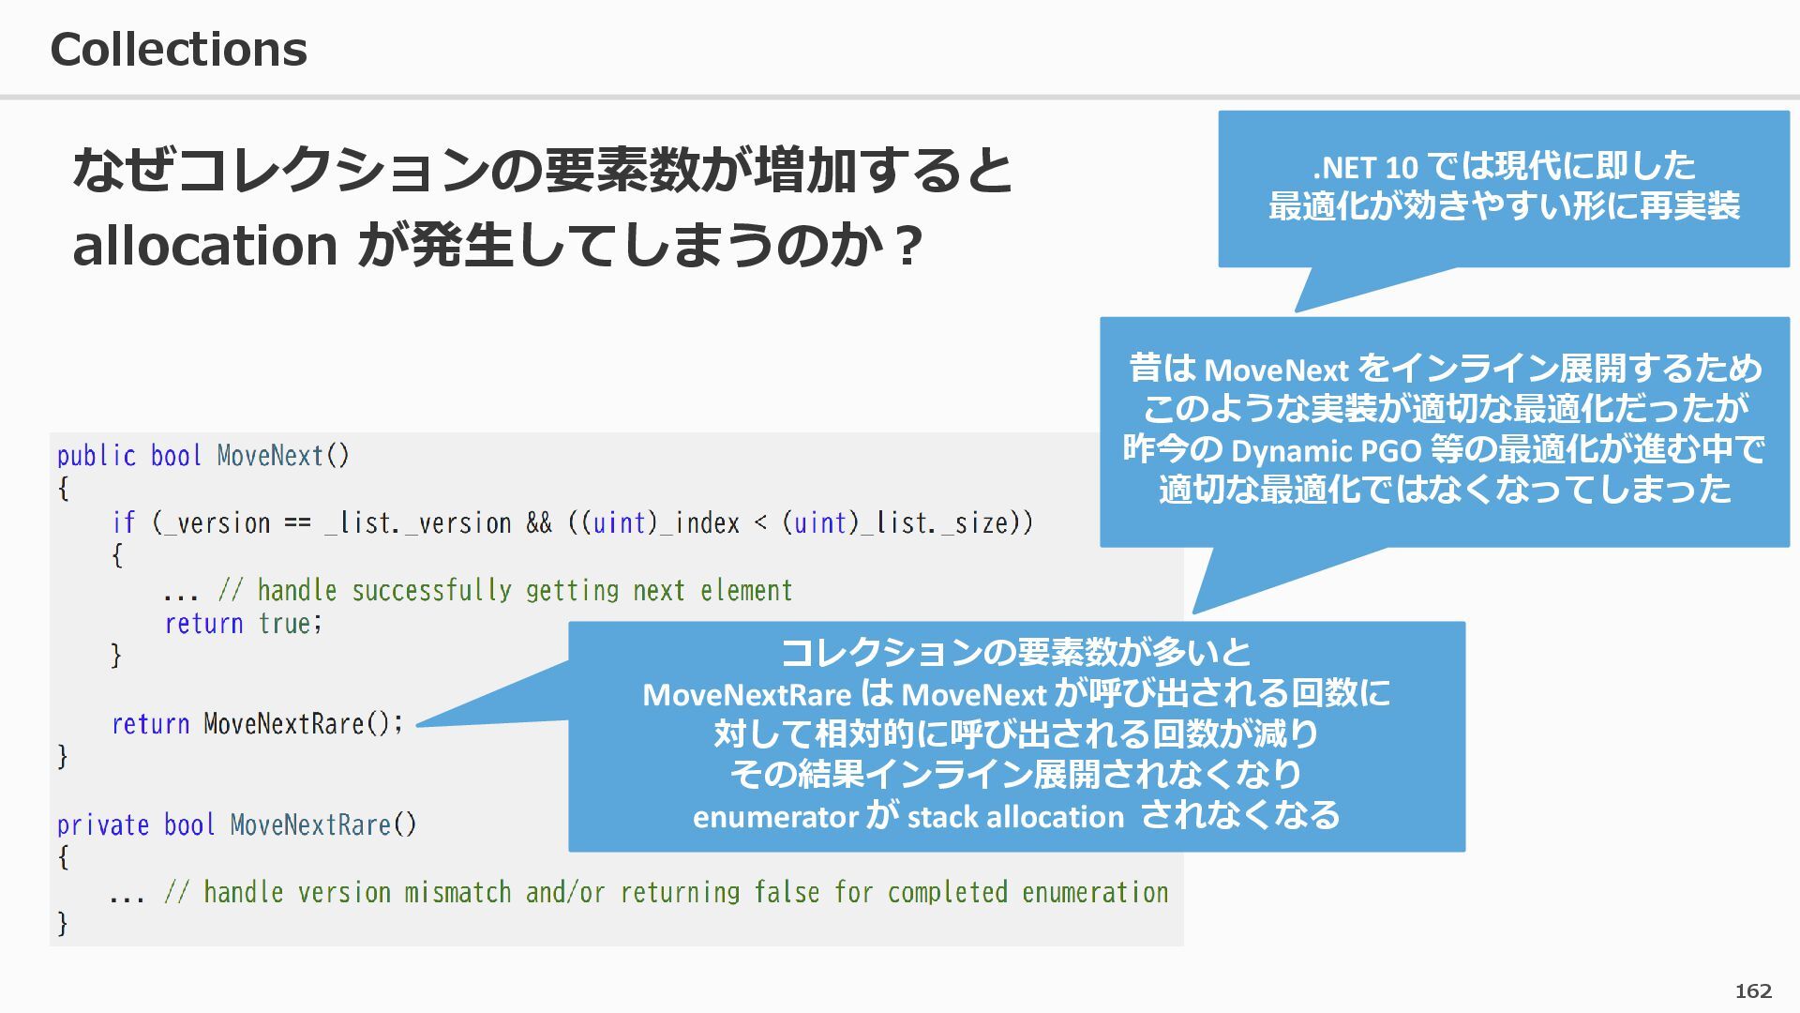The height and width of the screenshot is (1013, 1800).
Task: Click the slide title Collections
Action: pyautogui.click(x=178, y=49)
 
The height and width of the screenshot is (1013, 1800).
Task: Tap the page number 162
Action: pyautogui.click(x=1753, y=991)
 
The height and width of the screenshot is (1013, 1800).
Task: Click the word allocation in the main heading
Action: pyautogui.click(x=204, y=246)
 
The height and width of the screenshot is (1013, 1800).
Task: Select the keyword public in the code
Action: pyautogui.click(x=96, y=456)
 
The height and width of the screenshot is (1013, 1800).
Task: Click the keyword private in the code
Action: pyautogui.click(x=102, y=825)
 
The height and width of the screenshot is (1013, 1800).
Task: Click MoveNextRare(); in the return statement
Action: pyautogui.click(x=303, y=724)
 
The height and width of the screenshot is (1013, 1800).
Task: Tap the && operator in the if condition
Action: pyautogui.click(x=539, y=523)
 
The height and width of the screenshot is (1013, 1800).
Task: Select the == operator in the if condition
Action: pyautogui.click(x=297, y=523)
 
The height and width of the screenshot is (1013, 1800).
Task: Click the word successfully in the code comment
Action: pyautogui.click(x=431, y=591)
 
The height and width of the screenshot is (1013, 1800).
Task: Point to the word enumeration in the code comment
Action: pyautogui.click(x=1095, y=892)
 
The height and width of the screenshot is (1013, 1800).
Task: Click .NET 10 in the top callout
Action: pyautogui.click(x=1365, y=168)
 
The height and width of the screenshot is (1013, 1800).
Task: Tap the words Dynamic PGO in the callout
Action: pyautogui.click(x=1326, y=451)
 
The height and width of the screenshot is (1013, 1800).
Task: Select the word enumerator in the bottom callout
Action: pyautogui.click(x=775, y=817)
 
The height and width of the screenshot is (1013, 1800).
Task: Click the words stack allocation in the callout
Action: pyautogui.click(x=1015, y=817)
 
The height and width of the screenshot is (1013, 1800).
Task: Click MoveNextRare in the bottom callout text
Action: pyautogui.click(x=746, y=695)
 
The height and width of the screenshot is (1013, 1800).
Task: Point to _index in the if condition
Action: pyautogui.click(x=699, y=523)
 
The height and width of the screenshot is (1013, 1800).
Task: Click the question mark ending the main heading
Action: pyautogui.click(x=906, y=248)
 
